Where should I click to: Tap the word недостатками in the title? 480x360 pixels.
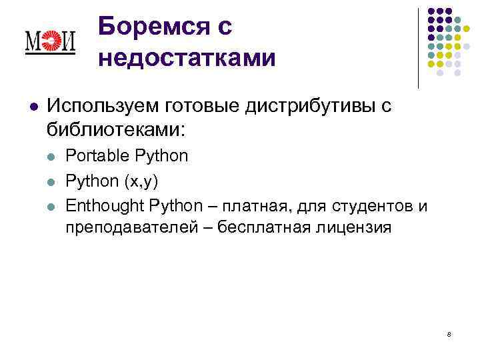[186, 59]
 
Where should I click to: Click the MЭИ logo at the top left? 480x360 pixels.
[50, 43]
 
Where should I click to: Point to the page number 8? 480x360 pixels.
[449, 333]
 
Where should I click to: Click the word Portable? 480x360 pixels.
[98, 157]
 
